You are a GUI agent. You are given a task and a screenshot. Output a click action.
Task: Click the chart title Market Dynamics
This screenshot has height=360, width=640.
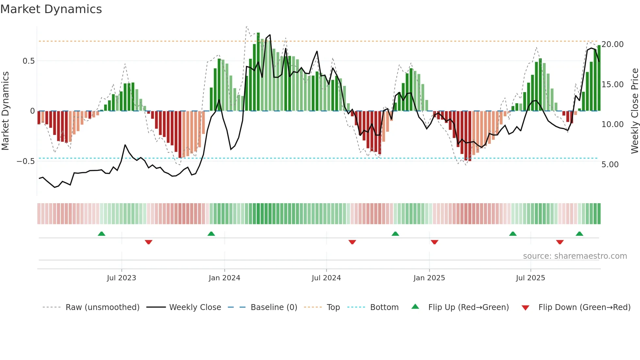pyautogui.click(x=51, y=9)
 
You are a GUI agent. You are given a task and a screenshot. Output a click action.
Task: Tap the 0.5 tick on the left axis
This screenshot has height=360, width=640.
pyautogui.click(x=28, y=61)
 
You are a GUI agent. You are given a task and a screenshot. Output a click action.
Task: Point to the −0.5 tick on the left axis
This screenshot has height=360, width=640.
pyautogui.click(x=25, y=161)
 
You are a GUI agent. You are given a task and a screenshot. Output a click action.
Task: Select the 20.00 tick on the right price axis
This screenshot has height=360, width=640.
pyautogui.click(x=612, y=44)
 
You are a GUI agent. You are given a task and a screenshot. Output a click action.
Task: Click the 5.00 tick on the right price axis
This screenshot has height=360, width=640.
pyautogui.click(x=610, y=165)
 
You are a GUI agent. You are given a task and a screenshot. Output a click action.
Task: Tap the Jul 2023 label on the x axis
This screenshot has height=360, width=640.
pyautogui.click(x=121, y=278)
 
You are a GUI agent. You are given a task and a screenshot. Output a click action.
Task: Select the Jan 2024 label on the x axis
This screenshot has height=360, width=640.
pyautogui.click(x=224, y=278)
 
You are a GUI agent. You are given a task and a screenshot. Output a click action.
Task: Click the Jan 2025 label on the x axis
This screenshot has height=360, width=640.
pyautogui.click(x=429, y=278)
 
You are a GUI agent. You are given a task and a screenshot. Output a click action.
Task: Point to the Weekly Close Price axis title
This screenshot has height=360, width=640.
pyautogui.click(x=634, y=111)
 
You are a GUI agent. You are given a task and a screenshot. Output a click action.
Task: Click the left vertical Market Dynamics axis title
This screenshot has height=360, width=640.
pyautogui.click(x=5, y=111)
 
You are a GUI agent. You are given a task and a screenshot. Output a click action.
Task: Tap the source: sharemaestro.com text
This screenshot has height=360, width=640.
pyautogui.click(x=575, y=256)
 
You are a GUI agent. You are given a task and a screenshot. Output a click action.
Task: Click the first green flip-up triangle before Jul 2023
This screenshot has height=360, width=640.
pyautogui.click(x=102, y=234)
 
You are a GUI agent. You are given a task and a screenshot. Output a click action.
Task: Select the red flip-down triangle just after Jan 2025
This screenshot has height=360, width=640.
pyautogui.click(x=434, y=242)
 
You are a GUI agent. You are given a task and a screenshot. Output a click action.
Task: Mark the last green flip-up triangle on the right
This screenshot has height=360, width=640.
pyautogui.click(x=579, y=234)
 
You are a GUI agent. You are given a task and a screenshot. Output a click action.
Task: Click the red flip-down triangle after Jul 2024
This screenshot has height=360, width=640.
pyautogui.click(x=352, y=242)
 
